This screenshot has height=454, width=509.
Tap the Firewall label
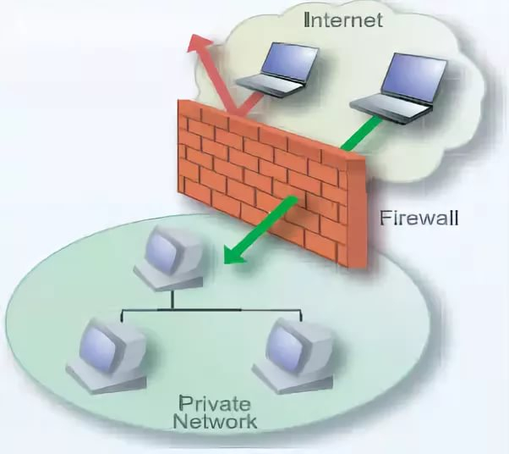(x=419, y=218)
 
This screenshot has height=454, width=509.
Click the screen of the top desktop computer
(x=164, y=246)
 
